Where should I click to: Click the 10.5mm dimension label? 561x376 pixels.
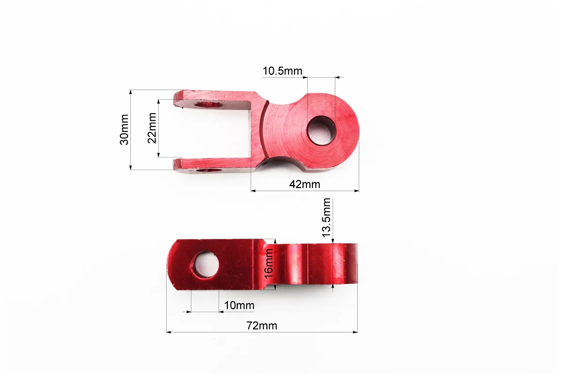coord(282,71)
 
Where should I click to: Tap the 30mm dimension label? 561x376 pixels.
coord(124,129)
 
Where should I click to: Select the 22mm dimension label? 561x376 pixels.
coord(152,128)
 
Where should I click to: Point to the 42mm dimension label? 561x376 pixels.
coord(304,184)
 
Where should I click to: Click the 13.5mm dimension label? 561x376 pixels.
coord(326,218)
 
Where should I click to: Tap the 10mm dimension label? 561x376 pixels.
coord(239,305)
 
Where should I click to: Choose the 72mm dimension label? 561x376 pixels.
coord(262,326)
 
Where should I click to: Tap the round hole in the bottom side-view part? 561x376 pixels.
coord(205,264)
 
